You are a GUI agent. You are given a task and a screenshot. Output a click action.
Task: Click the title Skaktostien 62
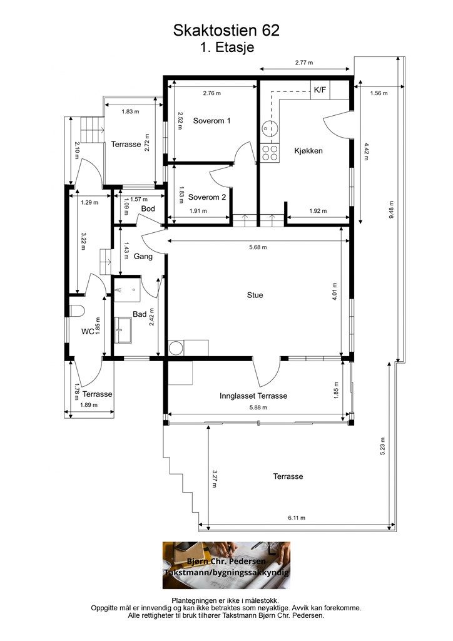[x=227, y=31]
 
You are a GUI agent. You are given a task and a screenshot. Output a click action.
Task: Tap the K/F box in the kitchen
[x=320, y=90]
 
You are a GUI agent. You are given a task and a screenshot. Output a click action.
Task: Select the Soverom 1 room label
[x=211, y=121]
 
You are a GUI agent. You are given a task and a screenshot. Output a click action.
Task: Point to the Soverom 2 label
[x=206, y=197]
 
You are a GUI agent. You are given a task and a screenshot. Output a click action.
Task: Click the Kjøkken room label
[x=308, y=150]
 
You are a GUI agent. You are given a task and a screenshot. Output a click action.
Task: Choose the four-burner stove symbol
[x=270, y=152]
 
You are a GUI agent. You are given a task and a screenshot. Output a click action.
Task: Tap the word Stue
[x=255, y=295]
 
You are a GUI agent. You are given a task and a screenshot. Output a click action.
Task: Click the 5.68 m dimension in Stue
[x=258, y=247]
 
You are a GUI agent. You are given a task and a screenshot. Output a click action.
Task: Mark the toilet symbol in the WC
[x=76, y=311]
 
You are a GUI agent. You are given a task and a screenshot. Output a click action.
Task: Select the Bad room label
[x=140, y=314]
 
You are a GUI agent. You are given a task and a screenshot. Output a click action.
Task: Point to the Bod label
[x=148, y=208]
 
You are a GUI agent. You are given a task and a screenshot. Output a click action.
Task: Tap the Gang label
[x=143, y=256]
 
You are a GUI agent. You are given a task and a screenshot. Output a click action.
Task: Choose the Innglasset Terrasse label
[x=253, y=396]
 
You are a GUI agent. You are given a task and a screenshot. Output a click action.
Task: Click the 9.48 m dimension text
[x=390, y=210]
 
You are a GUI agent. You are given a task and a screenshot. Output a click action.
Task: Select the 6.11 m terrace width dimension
[x=297, y=518]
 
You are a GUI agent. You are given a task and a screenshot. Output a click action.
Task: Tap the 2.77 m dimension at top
[x=304, y=63]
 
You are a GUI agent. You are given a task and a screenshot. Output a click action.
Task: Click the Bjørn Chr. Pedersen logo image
[x=227, y=565]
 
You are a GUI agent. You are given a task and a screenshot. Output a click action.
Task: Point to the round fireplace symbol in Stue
[x=176, y=348]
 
